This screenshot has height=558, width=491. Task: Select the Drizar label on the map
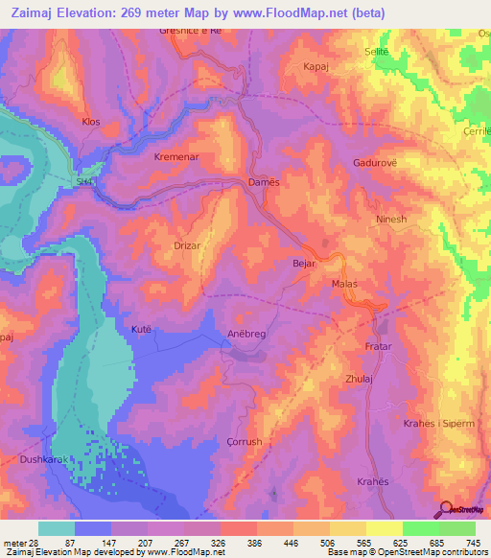pos(187,245)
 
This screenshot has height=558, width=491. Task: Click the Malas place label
pos(343,285)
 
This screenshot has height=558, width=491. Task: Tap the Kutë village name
pos(141,329)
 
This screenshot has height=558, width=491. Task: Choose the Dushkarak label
pos(40,460)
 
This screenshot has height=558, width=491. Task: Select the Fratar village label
pos(379,345)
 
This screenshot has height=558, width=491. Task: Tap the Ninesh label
pos(393,217)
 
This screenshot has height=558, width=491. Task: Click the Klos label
pos(91,122)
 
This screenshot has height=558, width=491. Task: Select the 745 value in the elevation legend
pos(474,543)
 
